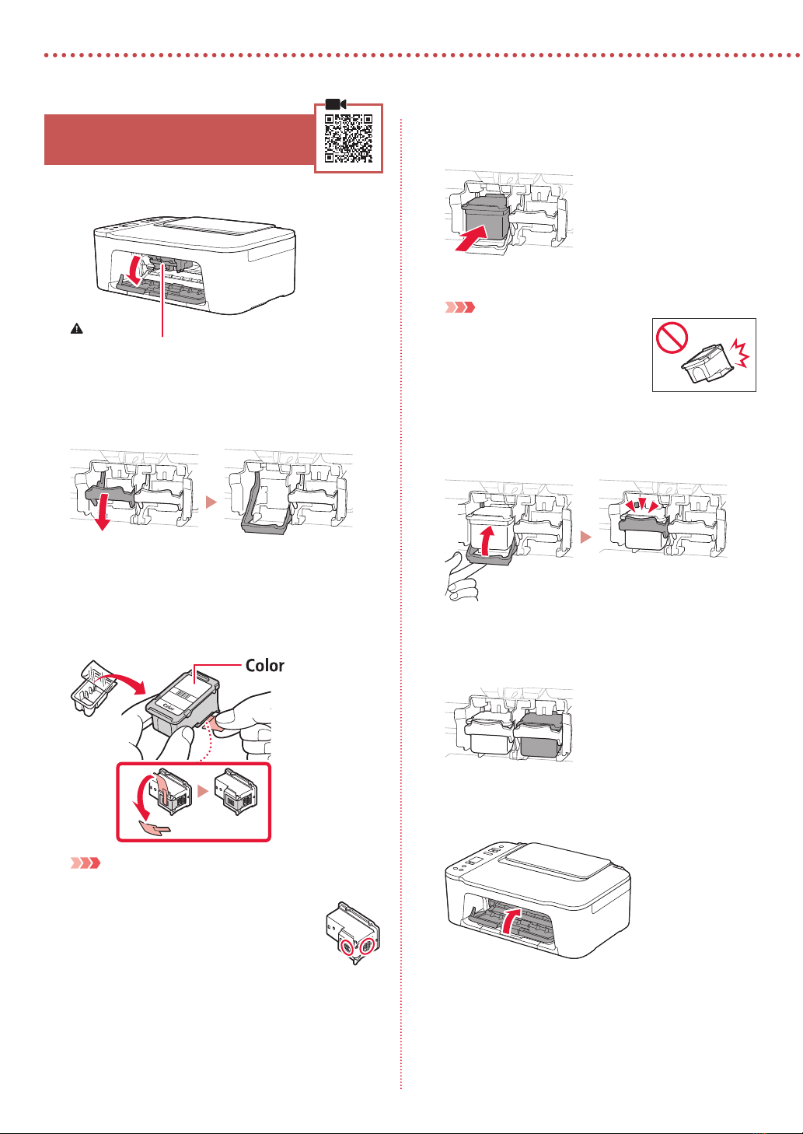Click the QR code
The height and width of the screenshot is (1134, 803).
348,138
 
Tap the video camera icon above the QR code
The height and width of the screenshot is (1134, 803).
336,104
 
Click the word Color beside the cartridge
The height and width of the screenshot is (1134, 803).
264,666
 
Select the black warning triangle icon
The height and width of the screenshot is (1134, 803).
76,329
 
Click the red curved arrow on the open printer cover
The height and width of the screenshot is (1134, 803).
135,269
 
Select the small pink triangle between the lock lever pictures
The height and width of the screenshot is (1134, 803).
211,503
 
